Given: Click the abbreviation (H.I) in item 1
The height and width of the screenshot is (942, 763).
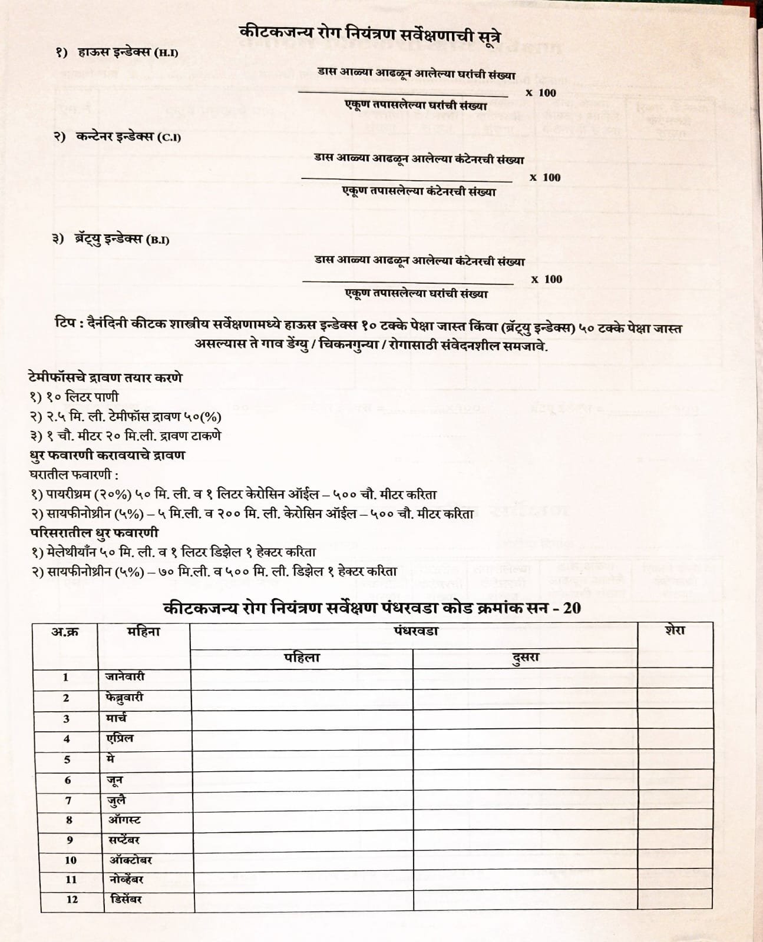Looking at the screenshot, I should pyautogui.click(x=166, y=54).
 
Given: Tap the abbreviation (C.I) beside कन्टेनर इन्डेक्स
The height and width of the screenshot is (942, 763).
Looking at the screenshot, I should pyautogui.click(x=169, y=138).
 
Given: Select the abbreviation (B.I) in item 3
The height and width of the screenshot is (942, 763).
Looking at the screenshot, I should pyautogui.click(x=157, y=240).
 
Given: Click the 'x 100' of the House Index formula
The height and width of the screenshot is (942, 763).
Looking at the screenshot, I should pyautogui.click(x=541, y=93).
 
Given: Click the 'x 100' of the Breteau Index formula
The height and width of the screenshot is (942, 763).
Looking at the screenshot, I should pyautogui.click(x=547, y=280).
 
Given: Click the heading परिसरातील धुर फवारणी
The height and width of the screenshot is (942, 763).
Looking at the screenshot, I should pyautogui.click(x=94, y=532).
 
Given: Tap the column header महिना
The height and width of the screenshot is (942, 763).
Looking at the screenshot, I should pyautogui.click(x=144, y=632).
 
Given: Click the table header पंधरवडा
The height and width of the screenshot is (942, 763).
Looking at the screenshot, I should pyautogui.click(x=416, y=631).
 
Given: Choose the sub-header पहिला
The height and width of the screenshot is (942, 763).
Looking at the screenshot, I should pyautogui.click(x=301, y=658).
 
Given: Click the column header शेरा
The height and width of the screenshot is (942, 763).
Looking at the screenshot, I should pyautogui.click(x=675, y=631).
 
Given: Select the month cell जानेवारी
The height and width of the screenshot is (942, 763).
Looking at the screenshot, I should pyautogui.click(x=125, y=677).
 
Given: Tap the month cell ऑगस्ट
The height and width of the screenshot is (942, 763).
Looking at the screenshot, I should pyautogui.click(x=124, y=820).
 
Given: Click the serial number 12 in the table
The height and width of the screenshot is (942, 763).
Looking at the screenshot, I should pyautogui.click(x=72, y=899).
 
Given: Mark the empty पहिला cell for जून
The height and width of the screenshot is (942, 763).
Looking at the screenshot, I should pyautogui.click(x=302, y=781).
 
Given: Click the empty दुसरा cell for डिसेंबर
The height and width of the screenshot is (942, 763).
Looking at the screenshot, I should pyautogui.click(x=526, y=899).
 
